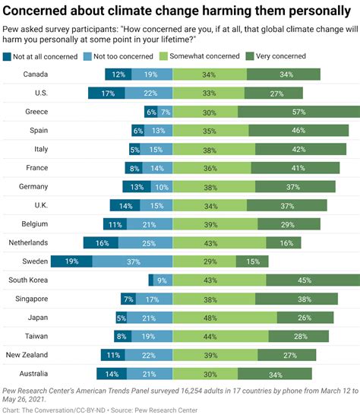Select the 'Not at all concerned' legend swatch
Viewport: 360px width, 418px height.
(x=8, y=57)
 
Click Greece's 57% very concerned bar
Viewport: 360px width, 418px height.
(x=299, y=112)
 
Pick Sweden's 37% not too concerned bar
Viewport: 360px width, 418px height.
(x=132, y=261)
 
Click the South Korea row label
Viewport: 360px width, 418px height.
(x=28, y=280)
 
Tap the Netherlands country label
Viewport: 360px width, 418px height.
(x=27, y=242)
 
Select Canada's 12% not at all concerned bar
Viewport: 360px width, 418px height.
(x=118, y=74)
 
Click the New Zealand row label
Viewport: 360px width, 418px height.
(x=27, y=354)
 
